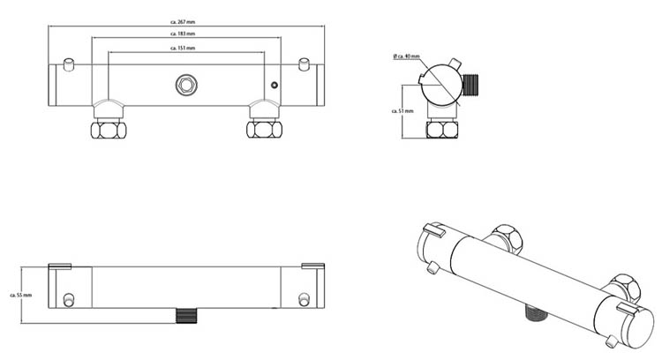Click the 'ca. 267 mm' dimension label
(183, 20)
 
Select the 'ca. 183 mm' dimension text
(183, 34)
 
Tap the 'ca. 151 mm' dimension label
(183, 48)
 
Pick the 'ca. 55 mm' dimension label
(20, 295)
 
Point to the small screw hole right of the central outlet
(274, 86)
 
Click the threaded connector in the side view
(474, 83)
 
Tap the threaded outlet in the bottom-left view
(185, 315)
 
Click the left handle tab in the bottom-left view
(59, 265)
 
